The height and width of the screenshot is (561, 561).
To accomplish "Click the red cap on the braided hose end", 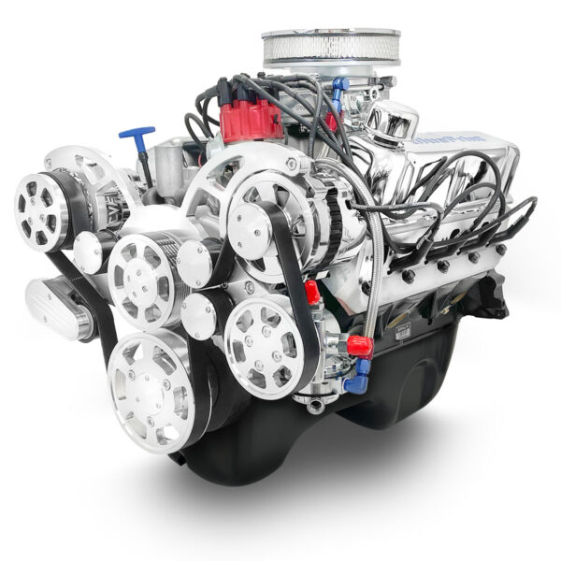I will pos(360,347).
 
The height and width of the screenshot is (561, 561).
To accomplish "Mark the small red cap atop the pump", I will pos(312,293).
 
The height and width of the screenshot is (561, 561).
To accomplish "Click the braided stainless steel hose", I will pos(376,271).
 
